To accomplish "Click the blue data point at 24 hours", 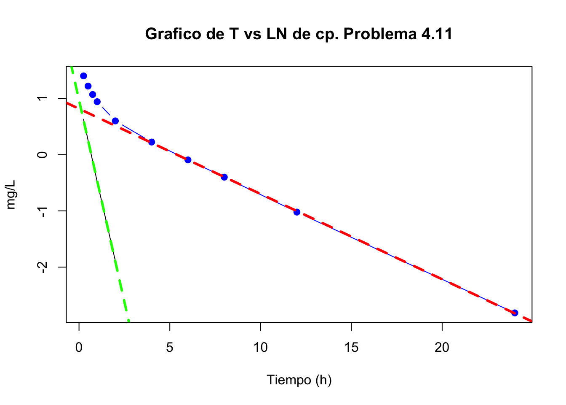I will click(514, 313).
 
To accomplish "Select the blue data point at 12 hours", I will click(297, 212).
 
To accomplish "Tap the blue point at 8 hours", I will click(224, 177).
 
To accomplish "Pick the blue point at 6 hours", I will click(188, 160).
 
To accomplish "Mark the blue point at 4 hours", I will click(152, 142).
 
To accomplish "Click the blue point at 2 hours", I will click(115, 121).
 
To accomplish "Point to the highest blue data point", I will click(83, 76).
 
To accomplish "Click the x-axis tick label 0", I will click(79, 348).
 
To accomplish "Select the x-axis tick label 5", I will click(170, 348).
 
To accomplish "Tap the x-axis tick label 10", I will click(261, 348).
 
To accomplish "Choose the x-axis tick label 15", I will click(351, 348).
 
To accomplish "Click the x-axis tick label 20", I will click(442, 348).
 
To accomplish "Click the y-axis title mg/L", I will click(11, 194).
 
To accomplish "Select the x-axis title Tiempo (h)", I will click(299, 380).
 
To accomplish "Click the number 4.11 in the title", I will click(436, 34).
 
